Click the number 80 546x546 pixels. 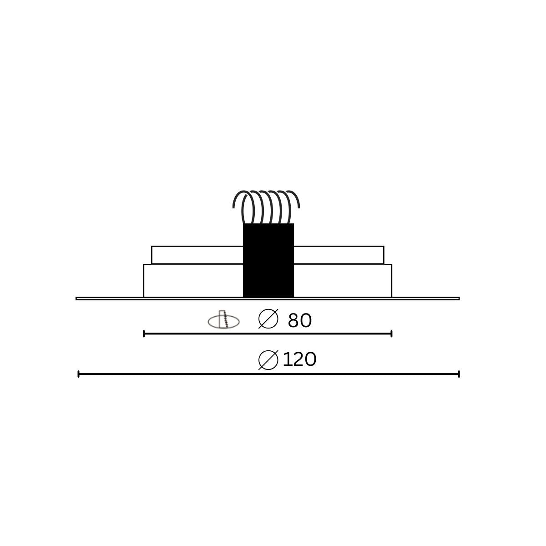pyautogui.click(x=300, y=321)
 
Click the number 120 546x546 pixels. pyautogui.click(x=299, y=360)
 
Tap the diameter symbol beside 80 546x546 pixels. pyautogui.click(x=268, y=319)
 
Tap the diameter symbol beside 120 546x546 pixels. pyautogui.click(x=268, y=360)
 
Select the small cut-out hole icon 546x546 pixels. pyautogui.click(x=223, y=320)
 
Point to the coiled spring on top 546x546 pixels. pyautogui.click(x=266, y=207)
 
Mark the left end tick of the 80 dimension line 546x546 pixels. pyautogui.click(x=144, y=334)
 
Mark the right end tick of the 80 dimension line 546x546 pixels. pyautogui.click(x=391, y=334)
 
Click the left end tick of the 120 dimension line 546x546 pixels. pyautogui.click(x=79, y=374)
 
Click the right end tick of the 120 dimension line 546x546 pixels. pyautogui.click(x=459, y=374)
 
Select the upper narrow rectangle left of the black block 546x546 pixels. pyautogui.click(x=197, y=255)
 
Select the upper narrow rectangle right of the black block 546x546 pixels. pyautogui.click(x=339, y=255)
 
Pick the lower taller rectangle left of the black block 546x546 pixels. pyautogui.click(x=193, y=281)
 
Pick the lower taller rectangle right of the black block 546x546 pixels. pyautogui.click(x=343, y=281)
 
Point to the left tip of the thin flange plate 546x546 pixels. pyautogui.click(x=77, y=298)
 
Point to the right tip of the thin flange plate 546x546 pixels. pyautogui.click(x=459, y=298)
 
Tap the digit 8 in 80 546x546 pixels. pyautogui.click(x=294, y=321)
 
